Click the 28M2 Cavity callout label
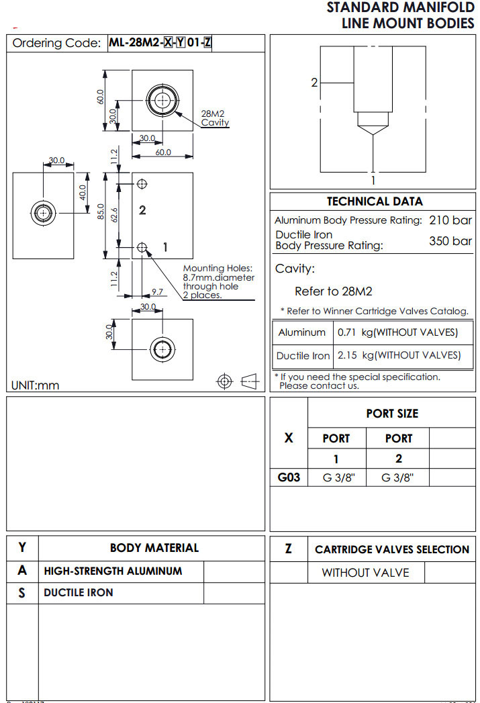(x=215, y=118)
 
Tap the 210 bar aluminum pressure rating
(x=450, y=220)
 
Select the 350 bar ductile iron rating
(x=450, y=241)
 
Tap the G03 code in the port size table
(x=289, y=478)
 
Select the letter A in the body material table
(x=22, y=571)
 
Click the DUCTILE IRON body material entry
(x=79, y=593)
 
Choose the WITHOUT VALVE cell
(x=365, y=573)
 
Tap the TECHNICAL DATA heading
(x=375, y=201)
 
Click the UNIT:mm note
(x=36, y=385)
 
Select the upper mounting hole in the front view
(x=142, y=183)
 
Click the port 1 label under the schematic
(x=373, y=180)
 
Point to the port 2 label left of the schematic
(x=314, y=83)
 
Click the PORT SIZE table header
(x=392, y=414)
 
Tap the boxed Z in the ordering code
(x=207, y=43)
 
